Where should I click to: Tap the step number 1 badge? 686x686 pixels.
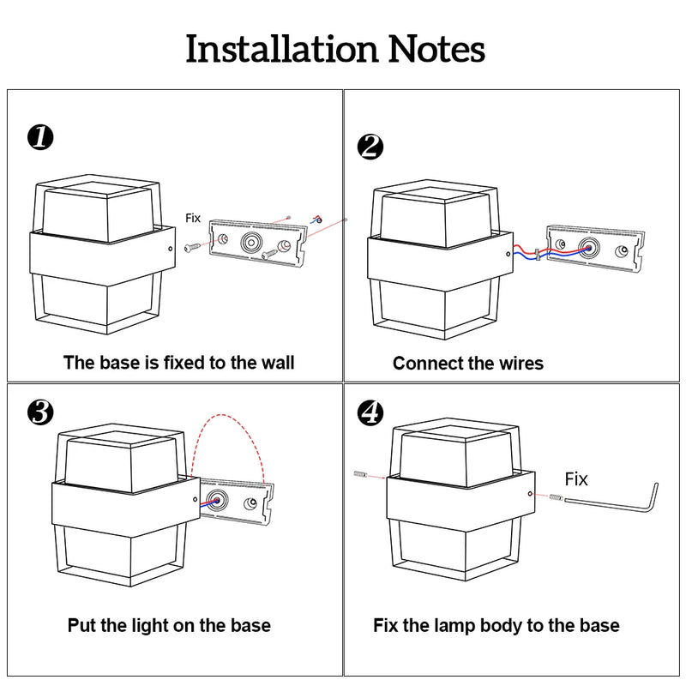(x=40, y=137)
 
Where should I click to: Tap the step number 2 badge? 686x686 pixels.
(x=370, y=147)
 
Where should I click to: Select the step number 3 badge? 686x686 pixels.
(x=40, y=412)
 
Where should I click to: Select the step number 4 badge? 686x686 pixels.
(x=370, y=412)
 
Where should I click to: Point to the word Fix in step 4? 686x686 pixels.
(x=576, y=478)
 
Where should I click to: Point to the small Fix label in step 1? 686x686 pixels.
(x=194, y=219)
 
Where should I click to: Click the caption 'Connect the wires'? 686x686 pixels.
(x=468, y=364)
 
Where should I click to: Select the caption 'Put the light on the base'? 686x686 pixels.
(x=169, y=625)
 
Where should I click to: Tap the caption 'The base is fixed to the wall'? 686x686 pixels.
(x=178, y=363)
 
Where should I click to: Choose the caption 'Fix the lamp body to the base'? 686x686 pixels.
(x=496, y=625)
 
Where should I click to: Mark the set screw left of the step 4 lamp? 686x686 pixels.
(x=359, y=474)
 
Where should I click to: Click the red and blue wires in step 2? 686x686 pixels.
(x=532, y=252)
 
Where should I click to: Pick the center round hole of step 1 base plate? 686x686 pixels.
(x=252, y=242)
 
